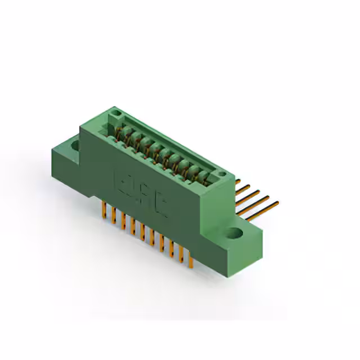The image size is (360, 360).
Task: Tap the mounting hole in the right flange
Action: [236, 231]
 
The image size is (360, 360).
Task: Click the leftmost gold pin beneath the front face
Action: [103, 211]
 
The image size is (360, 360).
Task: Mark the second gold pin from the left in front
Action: [113, 217]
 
